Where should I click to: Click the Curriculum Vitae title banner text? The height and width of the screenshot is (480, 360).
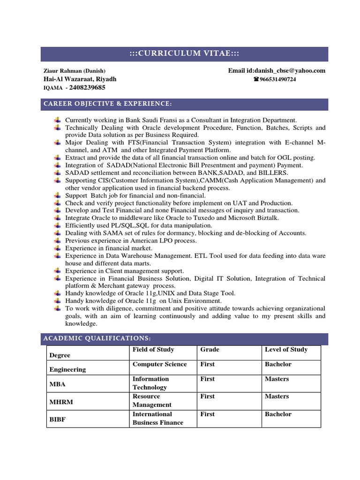coord(184,54)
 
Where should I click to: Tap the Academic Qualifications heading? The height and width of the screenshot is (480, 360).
coord(97,338)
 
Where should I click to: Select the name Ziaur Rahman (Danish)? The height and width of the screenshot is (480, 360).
coord(74,71)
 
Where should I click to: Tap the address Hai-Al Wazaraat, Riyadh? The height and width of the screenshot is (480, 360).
coord(80,79)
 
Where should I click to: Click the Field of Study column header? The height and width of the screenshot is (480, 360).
coord(153,350)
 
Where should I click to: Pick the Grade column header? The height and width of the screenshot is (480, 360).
coord(210,350)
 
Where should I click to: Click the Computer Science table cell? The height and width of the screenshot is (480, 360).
coord(159,364)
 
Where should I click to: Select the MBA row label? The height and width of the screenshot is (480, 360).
coord(58,384)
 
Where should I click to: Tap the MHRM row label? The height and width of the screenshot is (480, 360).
coord(61,402)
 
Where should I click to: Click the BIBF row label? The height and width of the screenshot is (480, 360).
coord(58,420)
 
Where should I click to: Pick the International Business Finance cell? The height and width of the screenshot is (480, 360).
coord(157,418)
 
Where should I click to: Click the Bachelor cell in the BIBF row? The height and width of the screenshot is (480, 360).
coord(278,414)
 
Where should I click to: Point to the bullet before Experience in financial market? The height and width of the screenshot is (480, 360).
coord(57,248)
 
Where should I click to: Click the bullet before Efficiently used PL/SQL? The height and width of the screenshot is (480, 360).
coord(57,225)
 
